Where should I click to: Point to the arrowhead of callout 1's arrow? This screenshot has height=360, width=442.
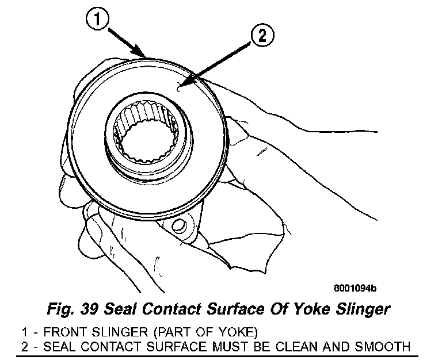144,56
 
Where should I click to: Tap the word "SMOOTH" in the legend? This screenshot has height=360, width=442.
383,346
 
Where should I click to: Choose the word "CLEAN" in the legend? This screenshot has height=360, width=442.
300,346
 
